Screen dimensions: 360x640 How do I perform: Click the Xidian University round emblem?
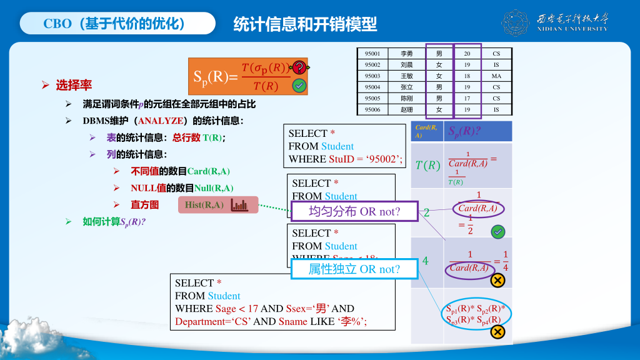click(516, 23)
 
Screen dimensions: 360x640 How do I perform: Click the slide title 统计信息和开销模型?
click(305, 24)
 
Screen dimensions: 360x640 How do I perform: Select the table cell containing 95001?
click(372, 54)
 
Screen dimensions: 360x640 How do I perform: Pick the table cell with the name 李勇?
click(406, 54)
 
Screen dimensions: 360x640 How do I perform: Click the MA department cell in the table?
click(496, 76)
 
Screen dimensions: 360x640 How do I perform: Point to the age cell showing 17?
click(467, 99)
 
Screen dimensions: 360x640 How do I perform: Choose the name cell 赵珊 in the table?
click(406, 110)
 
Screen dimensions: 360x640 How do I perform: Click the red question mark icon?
click(299, 67)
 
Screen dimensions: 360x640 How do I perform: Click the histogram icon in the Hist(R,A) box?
click(239, 205)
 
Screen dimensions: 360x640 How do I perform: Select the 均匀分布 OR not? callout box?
click(354, 211)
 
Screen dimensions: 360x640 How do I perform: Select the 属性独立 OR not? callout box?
click(354, 269)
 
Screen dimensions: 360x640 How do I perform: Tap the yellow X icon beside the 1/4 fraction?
click(498, 281)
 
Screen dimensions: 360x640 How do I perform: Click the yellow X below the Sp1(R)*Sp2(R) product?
click(498, 332)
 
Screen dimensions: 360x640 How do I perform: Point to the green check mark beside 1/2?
click(498, 232)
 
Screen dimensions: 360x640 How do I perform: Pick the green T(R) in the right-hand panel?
click(428, 166)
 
